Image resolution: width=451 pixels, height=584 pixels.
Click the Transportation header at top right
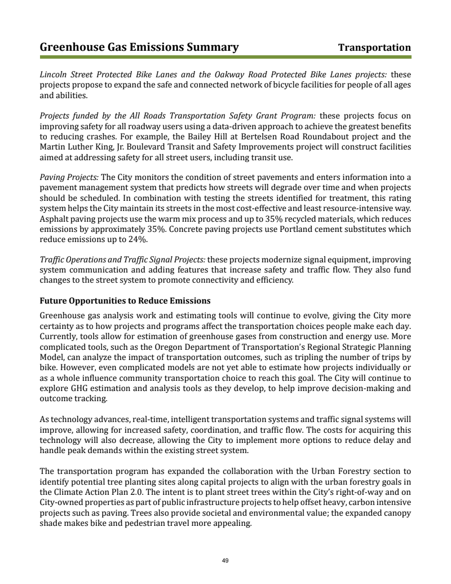point(374,47)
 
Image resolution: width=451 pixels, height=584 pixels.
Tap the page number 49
point(225,560)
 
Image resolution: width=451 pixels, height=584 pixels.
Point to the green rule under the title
point(225,56)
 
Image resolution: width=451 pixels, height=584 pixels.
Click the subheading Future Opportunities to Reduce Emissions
point(125,300)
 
